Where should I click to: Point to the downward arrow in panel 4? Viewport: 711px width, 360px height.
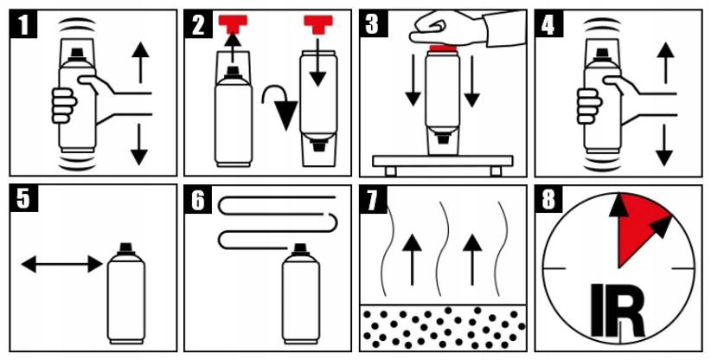663,144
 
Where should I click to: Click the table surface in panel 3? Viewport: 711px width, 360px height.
442,160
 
